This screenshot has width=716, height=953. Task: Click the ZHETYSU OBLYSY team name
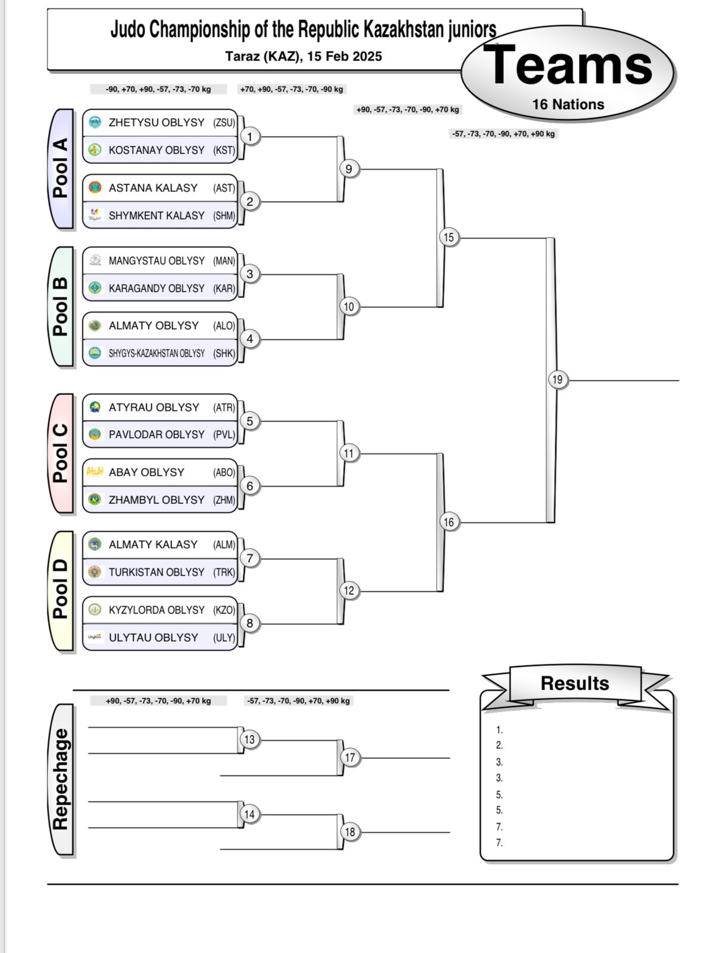click(156, 123)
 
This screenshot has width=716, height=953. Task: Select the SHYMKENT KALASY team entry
click(160, 216)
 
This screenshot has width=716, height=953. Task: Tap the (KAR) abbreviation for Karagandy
click(224, 289)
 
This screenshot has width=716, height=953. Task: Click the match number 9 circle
click(349, 169)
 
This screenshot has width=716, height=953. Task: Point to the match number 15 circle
click(449, 238)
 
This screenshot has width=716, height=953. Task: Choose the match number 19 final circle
click(558, 380)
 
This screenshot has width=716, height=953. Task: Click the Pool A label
click(60, 169)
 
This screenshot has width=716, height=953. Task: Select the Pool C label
click(60, 453)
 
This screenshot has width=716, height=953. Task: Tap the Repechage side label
click(60, 779)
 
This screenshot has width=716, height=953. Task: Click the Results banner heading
click(575, 683)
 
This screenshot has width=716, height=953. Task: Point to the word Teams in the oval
click(568, 66)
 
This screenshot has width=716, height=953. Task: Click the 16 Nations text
click(568, 105)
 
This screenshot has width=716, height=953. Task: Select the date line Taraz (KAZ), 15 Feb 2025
click(304, 57)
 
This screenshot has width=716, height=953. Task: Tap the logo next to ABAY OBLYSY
click(95, 472)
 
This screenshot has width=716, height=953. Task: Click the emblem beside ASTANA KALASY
click(95, 188)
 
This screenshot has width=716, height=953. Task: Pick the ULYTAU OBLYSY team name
click(153, 638)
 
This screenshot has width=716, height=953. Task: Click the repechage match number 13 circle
click(250, 739)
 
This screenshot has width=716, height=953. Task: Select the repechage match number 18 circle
click(350, 832)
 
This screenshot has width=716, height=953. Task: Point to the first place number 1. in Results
click(499, 730)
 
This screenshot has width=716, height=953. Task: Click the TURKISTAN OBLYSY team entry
click(160, 572)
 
